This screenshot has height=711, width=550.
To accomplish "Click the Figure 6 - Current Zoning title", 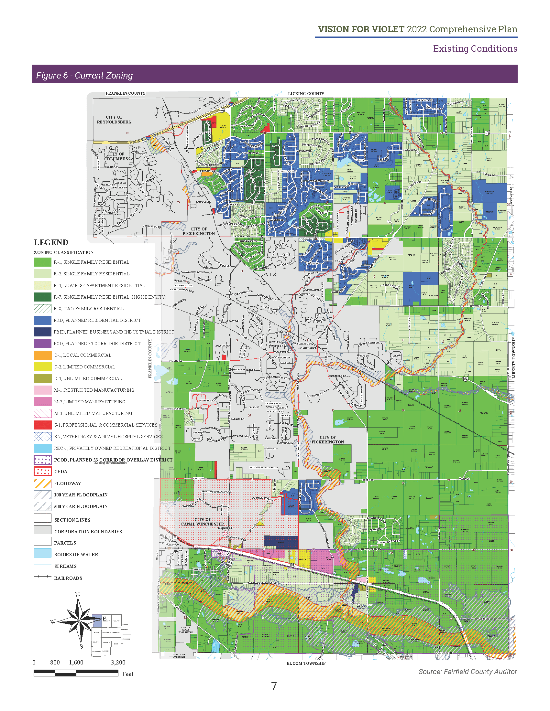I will coord(84,76).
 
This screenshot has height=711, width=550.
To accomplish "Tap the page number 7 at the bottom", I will coord(274,686).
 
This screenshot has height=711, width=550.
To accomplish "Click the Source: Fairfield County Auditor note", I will coord(467,672).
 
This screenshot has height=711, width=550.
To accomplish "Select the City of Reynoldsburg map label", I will coord(114,120).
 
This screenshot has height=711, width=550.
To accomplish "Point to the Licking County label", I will coord(306,93).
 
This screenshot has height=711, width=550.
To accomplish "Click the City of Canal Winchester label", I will coord(202,522).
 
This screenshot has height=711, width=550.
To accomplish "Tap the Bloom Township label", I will coord(306,663).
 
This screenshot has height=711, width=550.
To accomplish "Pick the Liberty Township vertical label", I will coord(513,358).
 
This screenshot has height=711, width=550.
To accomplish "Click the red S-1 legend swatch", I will coord(43,425).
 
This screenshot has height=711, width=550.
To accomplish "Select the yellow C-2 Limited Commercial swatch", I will coord(43,367).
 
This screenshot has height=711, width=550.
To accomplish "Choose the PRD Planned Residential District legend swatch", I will coord(43,320).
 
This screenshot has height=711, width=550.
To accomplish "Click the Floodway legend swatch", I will coord(43,483).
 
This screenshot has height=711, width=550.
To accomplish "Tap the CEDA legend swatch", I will coord(43,472).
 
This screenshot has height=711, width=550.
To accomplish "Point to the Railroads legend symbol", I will coord(43,577).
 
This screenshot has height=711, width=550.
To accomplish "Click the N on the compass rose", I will coord(78,594).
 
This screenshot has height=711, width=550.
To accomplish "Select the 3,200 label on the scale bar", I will coord(118,663).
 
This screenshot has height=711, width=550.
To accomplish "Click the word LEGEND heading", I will coord(51,242).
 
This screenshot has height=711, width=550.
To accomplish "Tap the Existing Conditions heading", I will coord(475,48).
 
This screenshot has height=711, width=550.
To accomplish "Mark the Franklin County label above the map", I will coord(126,93).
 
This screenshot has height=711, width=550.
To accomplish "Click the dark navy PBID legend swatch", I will coord(43,332).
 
